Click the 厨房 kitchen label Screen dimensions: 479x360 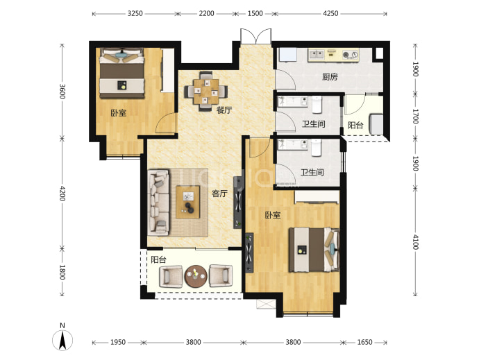[330, 77]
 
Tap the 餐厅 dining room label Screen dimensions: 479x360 [224, 110]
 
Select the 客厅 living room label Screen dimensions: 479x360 [219, 194]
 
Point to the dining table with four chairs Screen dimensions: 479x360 [205, 91]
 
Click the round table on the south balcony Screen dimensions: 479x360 [196, 276]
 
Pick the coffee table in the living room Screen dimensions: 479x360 [187, 202]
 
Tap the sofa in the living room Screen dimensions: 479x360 [158, 203]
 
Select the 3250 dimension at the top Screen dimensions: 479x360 [135, 13]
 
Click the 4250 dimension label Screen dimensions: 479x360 [330, 13]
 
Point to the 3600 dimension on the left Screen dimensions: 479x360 [62, 92]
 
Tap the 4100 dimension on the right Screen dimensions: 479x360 [415, 242]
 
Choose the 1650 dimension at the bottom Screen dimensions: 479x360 [364, 342]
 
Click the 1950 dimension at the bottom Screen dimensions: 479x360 [118, 342]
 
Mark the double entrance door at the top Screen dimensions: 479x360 [255, 36]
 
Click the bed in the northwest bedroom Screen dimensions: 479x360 [122, 73]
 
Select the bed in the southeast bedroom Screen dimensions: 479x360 [314, 250]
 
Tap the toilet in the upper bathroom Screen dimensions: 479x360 [317, 105]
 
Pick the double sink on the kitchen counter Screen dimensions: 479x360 [317, 55]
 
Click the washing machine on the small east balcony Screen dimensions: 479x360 [376, 123]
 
